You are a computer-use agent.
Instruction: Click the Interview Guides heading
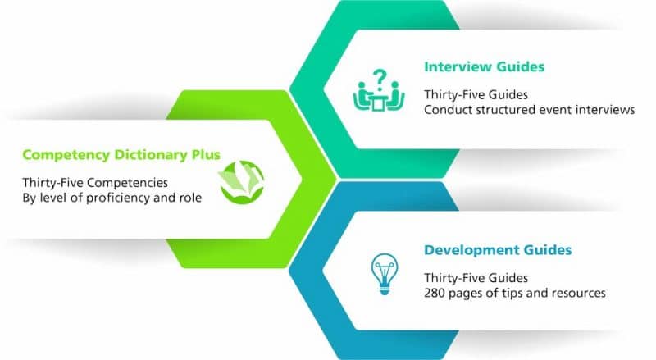(484, 67)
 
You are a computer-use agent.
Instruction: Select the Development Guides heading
(498, 250)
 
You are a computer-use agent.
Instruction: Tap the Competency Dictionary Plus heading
(121, 155)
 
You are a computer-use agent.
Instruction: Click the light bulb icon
(385, 274)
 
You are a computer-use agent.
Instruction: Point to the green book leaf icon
(241, 182)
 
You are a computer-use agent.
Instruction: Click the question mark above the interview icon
(380, 78)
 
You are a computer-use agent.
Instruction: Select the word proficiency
(116, 198)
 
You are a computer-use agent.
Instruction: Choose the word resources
(579, 293)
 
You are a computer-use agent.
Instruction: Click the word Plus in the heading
(206, 155)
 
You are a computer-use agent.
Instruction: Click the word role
(190, 198)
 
